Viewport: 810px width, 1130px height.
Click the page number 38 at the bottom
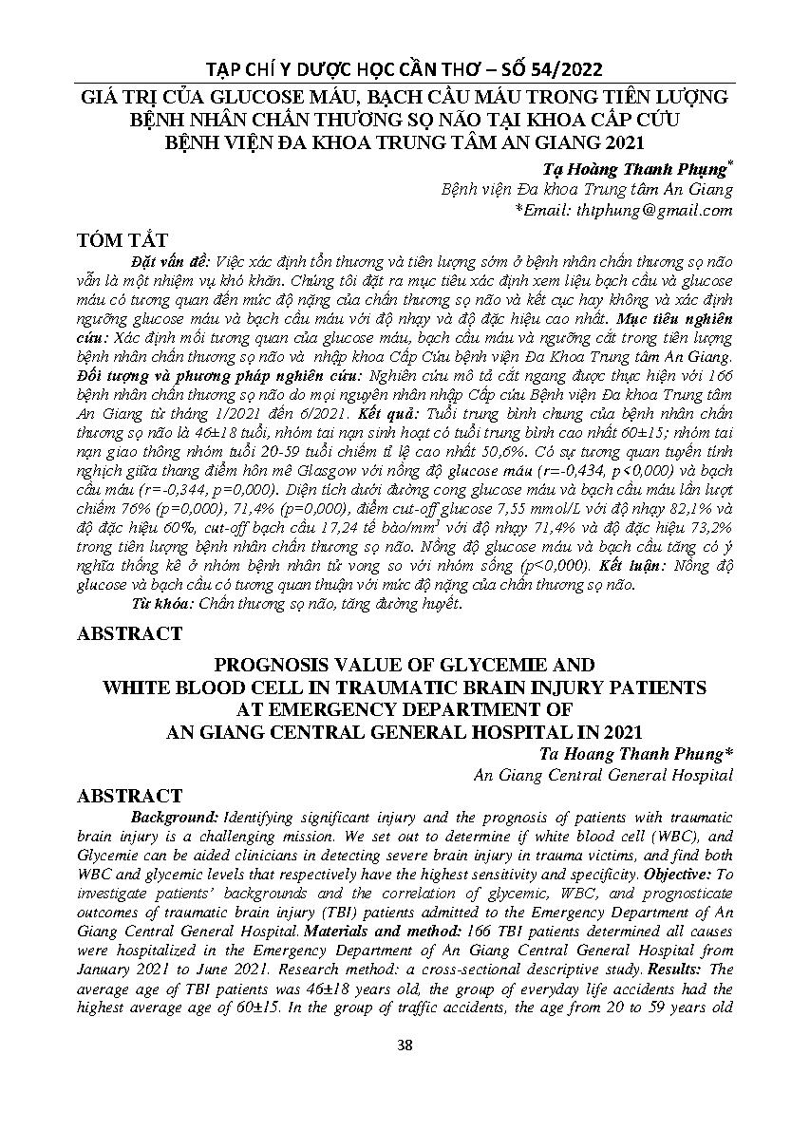[x=405, y=1045]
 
